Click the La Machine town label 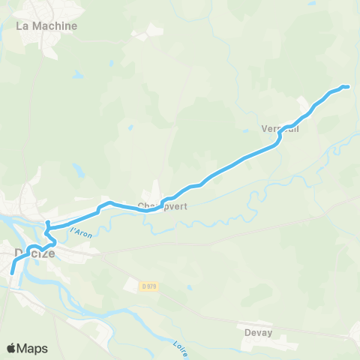(46, 25)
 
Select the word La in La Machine (22, 25)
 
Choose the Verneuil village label (280, 128)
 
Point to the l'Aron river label (79, 232)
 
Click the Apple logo (11, 348)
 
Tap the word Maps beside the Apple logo (33, 348)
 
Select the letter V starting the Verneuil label (265, 128)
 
